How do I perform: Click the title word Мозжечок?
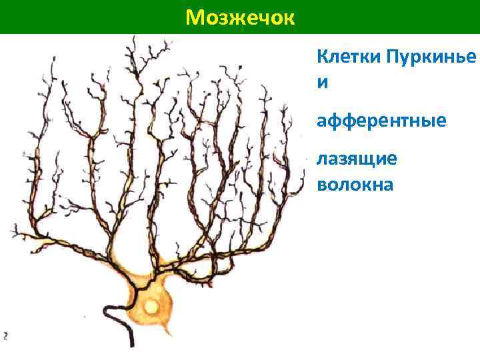point(239,17)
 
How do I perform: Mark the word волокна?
point(355,184)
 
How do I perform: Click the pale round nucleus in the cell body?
point(153,307)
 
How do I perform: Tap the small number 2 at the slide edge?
point(4,335)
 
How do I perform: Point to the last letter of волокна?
point(388,185)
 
